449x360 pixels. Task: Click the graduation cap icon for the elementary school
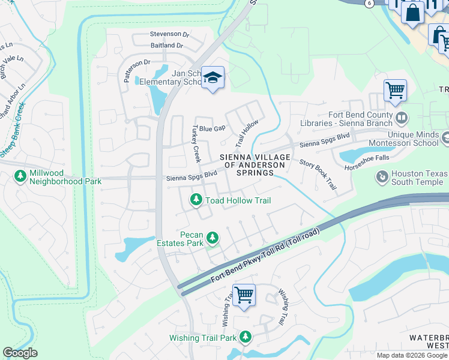[x=212, y=78]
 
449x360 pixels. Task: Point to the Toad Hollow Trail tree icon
[x=196, y=200]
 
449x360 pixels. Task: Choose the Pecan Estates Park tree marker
[x=212, y=239]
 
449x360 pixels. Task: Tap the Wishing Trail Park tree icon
[x=245, y=338]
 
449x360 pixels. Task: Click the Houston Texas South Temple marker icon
[x=381, y=176]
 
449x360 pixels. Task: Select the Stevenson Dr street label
[x=170, y=34]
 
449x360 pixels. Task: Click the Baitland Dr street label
[x=167, y=45]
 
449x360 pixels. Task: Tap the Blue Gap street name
[x=212, y=128]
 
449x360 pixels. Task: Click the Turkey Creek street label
[x=195, y=144]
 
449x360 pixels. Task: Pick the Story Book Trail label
[x=318, y=174]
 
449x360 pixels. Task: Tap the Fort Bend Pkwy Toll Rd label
[x=268, y=256]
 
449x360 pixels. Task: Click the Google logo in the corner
[x=20, y=353]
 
